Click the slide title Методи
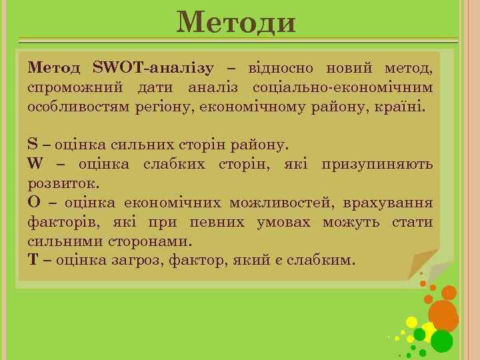pyautogui.click(x=236, y=23)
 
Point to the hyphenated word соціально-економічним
pyautogui.click(x=342, y=87)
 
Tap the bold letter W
pyautogui.click(x=35, y=164)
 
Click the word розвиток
pyautogui.click(x=59, y=183)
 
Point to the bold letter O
pyautogui.click(x=33, y=203)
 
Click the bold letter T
pyautogui.click(x=33, y=260)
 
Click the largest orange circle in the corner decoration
pyautogui.click(x=443, y=314)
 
